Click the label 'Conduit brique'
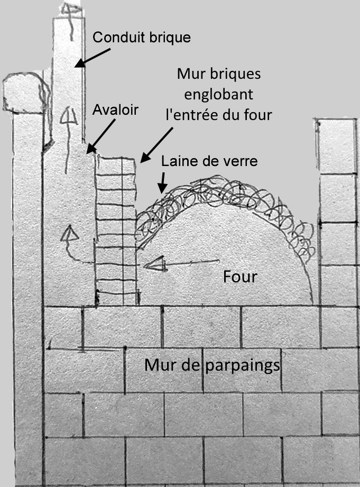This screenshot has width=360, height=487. tap(141, 38)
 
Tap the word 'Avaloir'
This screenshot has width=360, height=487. tap(115, 110)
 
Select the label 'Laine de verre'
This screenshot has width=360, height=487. tap(210, 161)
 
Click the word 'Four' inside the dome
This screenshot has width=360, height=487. tap(240, 277)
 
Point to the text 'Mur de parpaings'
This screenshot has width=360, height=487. tap(212, 365)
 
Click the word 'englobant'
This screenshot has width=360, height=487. tap(218, 95)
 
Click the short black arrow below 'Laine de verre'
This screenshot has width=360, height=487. tap(162, 182)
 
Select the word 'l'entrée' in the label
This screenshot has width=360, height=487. tap(190, 115)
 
